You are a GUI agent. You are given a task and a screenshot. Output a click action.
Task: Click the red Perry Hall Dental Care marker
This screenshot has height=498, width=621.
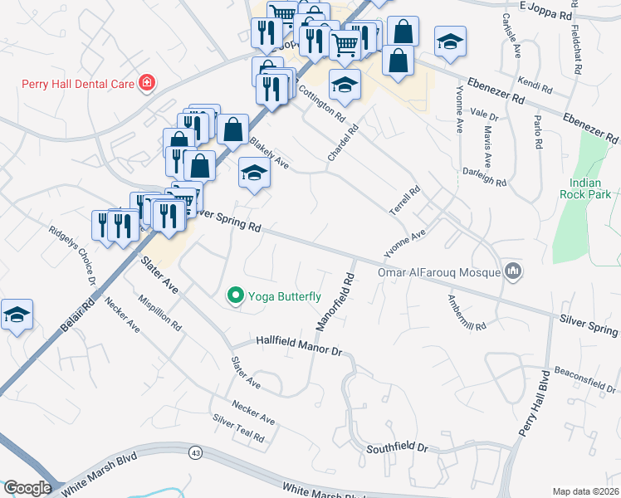147,83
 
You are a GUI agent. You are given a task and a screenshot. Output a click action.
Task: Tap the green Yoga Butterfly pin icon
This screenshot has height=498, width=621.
236,295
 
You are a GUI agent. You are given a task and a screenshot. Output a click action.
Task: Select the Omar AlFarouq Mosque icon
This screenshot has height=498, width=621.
514,271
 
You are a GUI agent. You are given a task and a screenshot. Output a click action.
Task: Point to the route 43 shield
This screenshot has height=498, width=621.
195,452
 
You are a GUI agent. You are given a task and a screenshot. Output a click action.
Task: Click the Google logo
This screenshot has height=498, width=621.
27,487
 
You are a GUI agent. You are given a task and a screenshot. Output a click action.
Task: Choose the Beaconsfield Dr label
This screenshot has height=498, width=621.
585,379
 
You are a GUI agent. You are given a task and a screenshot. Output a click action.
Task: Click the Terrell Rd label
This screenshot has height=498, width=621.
406,202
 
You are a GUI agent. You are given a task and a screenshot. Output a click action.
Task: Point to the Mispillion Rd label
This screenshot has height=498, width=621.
160,312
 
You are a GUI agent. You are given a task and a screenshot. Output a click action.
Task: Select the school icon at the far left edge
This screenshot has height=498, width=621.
17,315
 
